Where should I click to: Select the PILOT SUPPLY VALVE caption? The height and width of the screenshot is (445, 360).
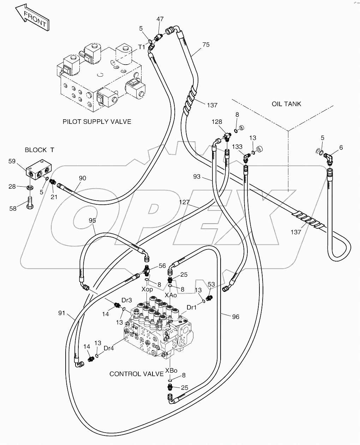pyautogui.click(x=97, y=122)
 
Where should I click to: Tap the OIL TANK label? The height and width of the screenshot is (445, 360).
pyautogui.click(x=286, y=104)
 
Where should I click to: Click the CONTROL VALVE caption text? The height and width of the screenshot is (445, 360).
pyautogui.click(x=136, y=374)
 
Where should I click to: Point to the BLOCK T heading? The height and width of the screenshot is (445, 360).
pyautogui.click(x=39, y=150)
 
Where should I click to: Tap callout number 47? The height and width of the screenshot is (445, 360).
pyautogui.click(x=160, y=19)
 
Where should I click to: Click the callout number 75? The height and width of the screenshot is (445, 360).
pyautogui.click(x=206, y=44)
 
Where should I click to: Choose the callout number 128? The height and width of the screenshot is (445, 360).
pyautogui.click(x=217, y=122)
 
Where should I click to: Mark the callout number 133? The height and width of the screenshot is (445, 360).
pyautogui.click(x=238, y=146)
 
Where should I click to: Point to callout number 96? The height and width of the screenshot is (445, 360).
pyautogui.click(x=235, y=317)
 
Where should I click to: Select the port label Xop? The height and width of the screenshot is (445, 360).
pyautogui.click(x=147, y=289)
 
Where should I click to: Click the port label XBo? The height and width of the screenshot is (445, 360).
pyautogui.click(x=171, y=371)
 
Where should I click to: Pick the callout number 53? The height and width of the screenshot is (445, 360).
pyautogui.click(x=211, y=284)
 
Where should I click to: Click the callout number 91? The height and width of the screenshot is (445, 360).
pyautogui.click(x=62, y=313)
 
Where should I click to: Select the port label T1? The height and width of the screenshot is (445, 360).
pyautogui.click(x=142, y=47)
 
